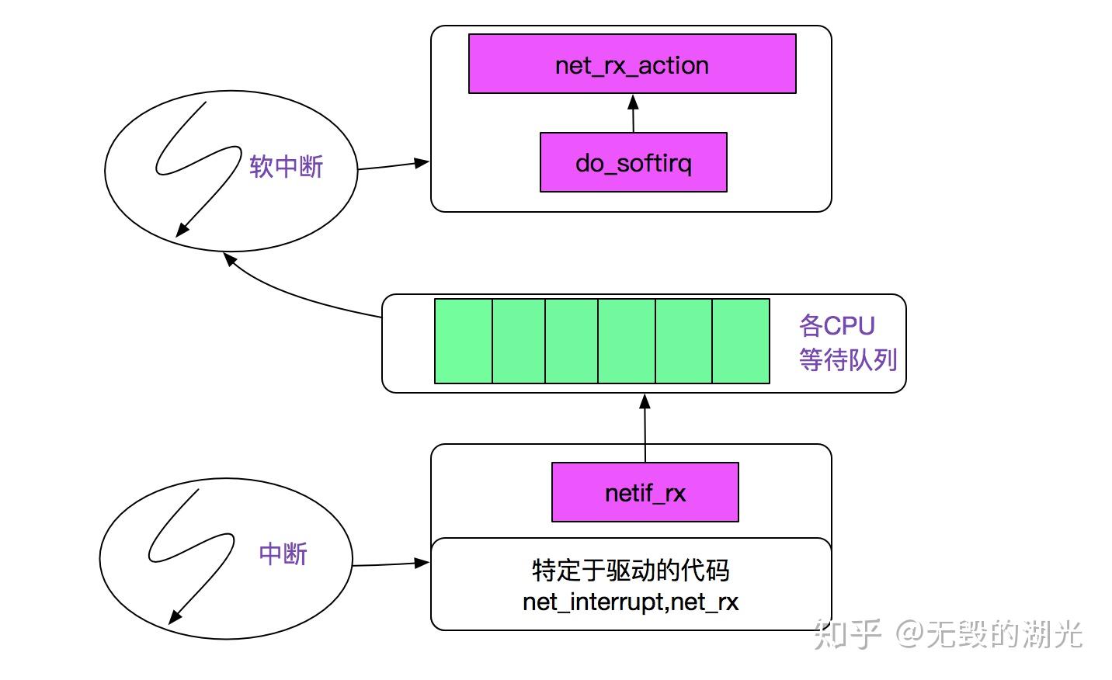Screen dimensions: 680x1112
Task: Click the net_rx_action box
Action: click(632, 64)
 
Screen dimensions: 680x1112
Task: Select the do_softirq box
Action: click(633, 162)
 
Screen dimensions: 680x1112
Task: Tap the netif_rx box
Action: click(645, 492)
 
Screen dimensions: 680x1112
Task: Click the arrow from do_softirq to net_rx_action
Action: click(633, 115)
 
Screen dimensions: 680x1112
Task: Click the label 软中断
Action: click(286, 166)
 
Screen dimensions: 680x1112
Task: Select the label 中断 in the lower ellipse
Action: click(283, 553)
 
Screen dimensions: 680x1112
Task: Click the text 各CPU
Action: click(836, 325)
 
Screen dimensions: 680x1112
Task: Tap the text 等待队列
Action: click(848, 359)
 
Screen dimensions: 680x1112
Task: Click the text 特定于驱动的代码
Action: click(631, 570)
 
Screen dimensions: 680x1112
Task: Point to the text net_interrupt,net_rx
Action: click(631, 602)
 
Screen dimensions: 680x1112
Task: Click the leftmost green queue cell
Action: click(464, 342)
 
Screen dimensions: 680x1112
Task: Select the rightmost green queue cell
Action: click(741, 342)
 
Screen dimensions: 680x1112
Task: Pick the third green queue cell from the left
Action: click(572, 342)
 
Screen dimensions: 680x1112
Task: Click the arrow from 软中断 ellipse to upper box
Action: click(392, 165)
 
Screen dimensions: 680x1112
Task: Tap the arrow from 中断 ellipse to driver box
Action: click(390, 564)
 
